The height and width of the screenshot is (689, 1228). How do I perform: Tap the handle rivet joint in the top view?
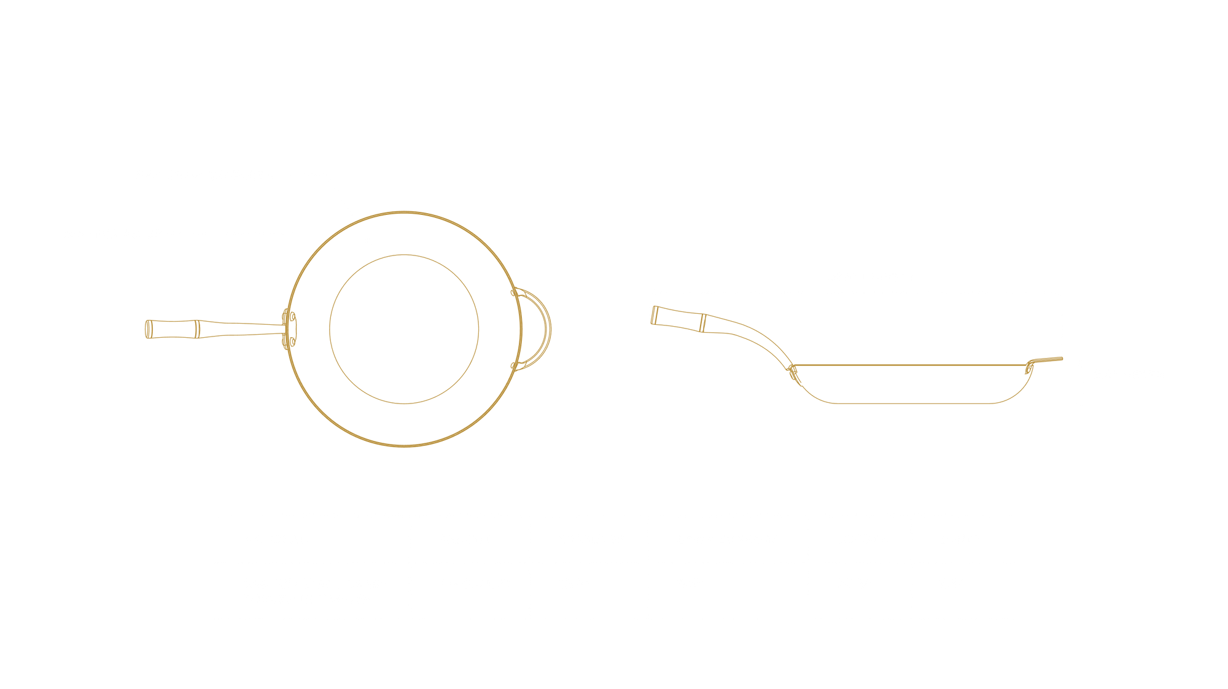289,329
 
